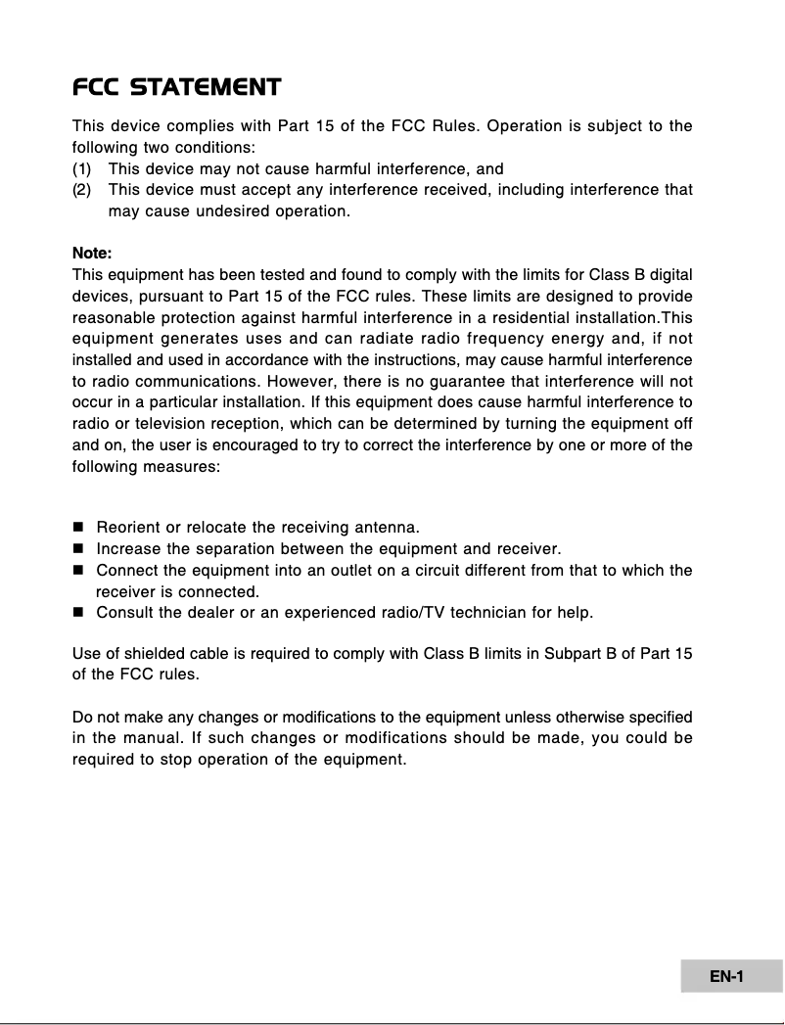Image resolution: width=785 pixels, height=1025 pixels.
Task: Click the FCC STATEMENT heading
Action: (x=177, y=88)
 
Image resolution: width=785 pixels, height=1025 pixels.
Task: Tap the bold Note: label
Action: (x=93, y=253)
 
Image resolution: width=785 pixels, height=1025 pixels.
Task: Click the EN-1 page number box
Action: (x=727, y=976)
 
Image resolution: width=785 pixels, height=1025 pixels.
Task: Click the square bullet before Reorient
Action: (x=78, y=529)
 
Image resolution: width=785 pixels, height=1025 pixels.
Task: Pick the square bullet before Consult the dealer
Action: (x=78, y=614)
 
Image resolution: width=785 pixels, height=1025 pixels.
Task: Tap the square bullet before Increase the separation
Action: (x=78, y=549)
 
